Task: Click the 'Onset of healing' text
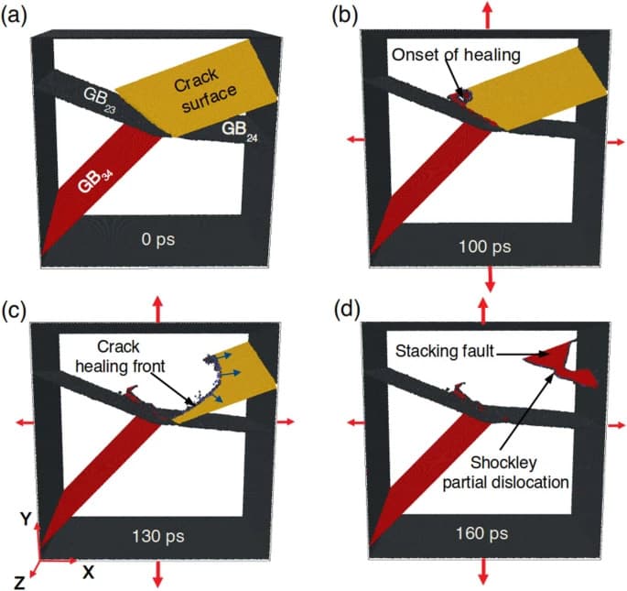pos(456,55)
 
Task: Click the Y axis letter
pos(27,520)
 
